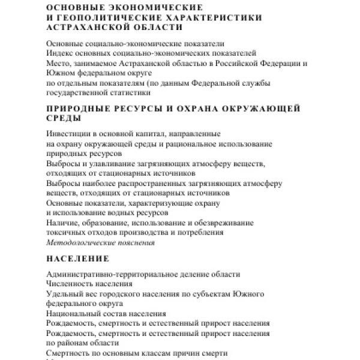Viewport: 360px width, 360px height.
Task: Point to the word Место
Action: click(x=58, y=62)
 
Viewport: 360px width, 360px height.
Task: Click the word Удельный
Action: click(x=63, y=293)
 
